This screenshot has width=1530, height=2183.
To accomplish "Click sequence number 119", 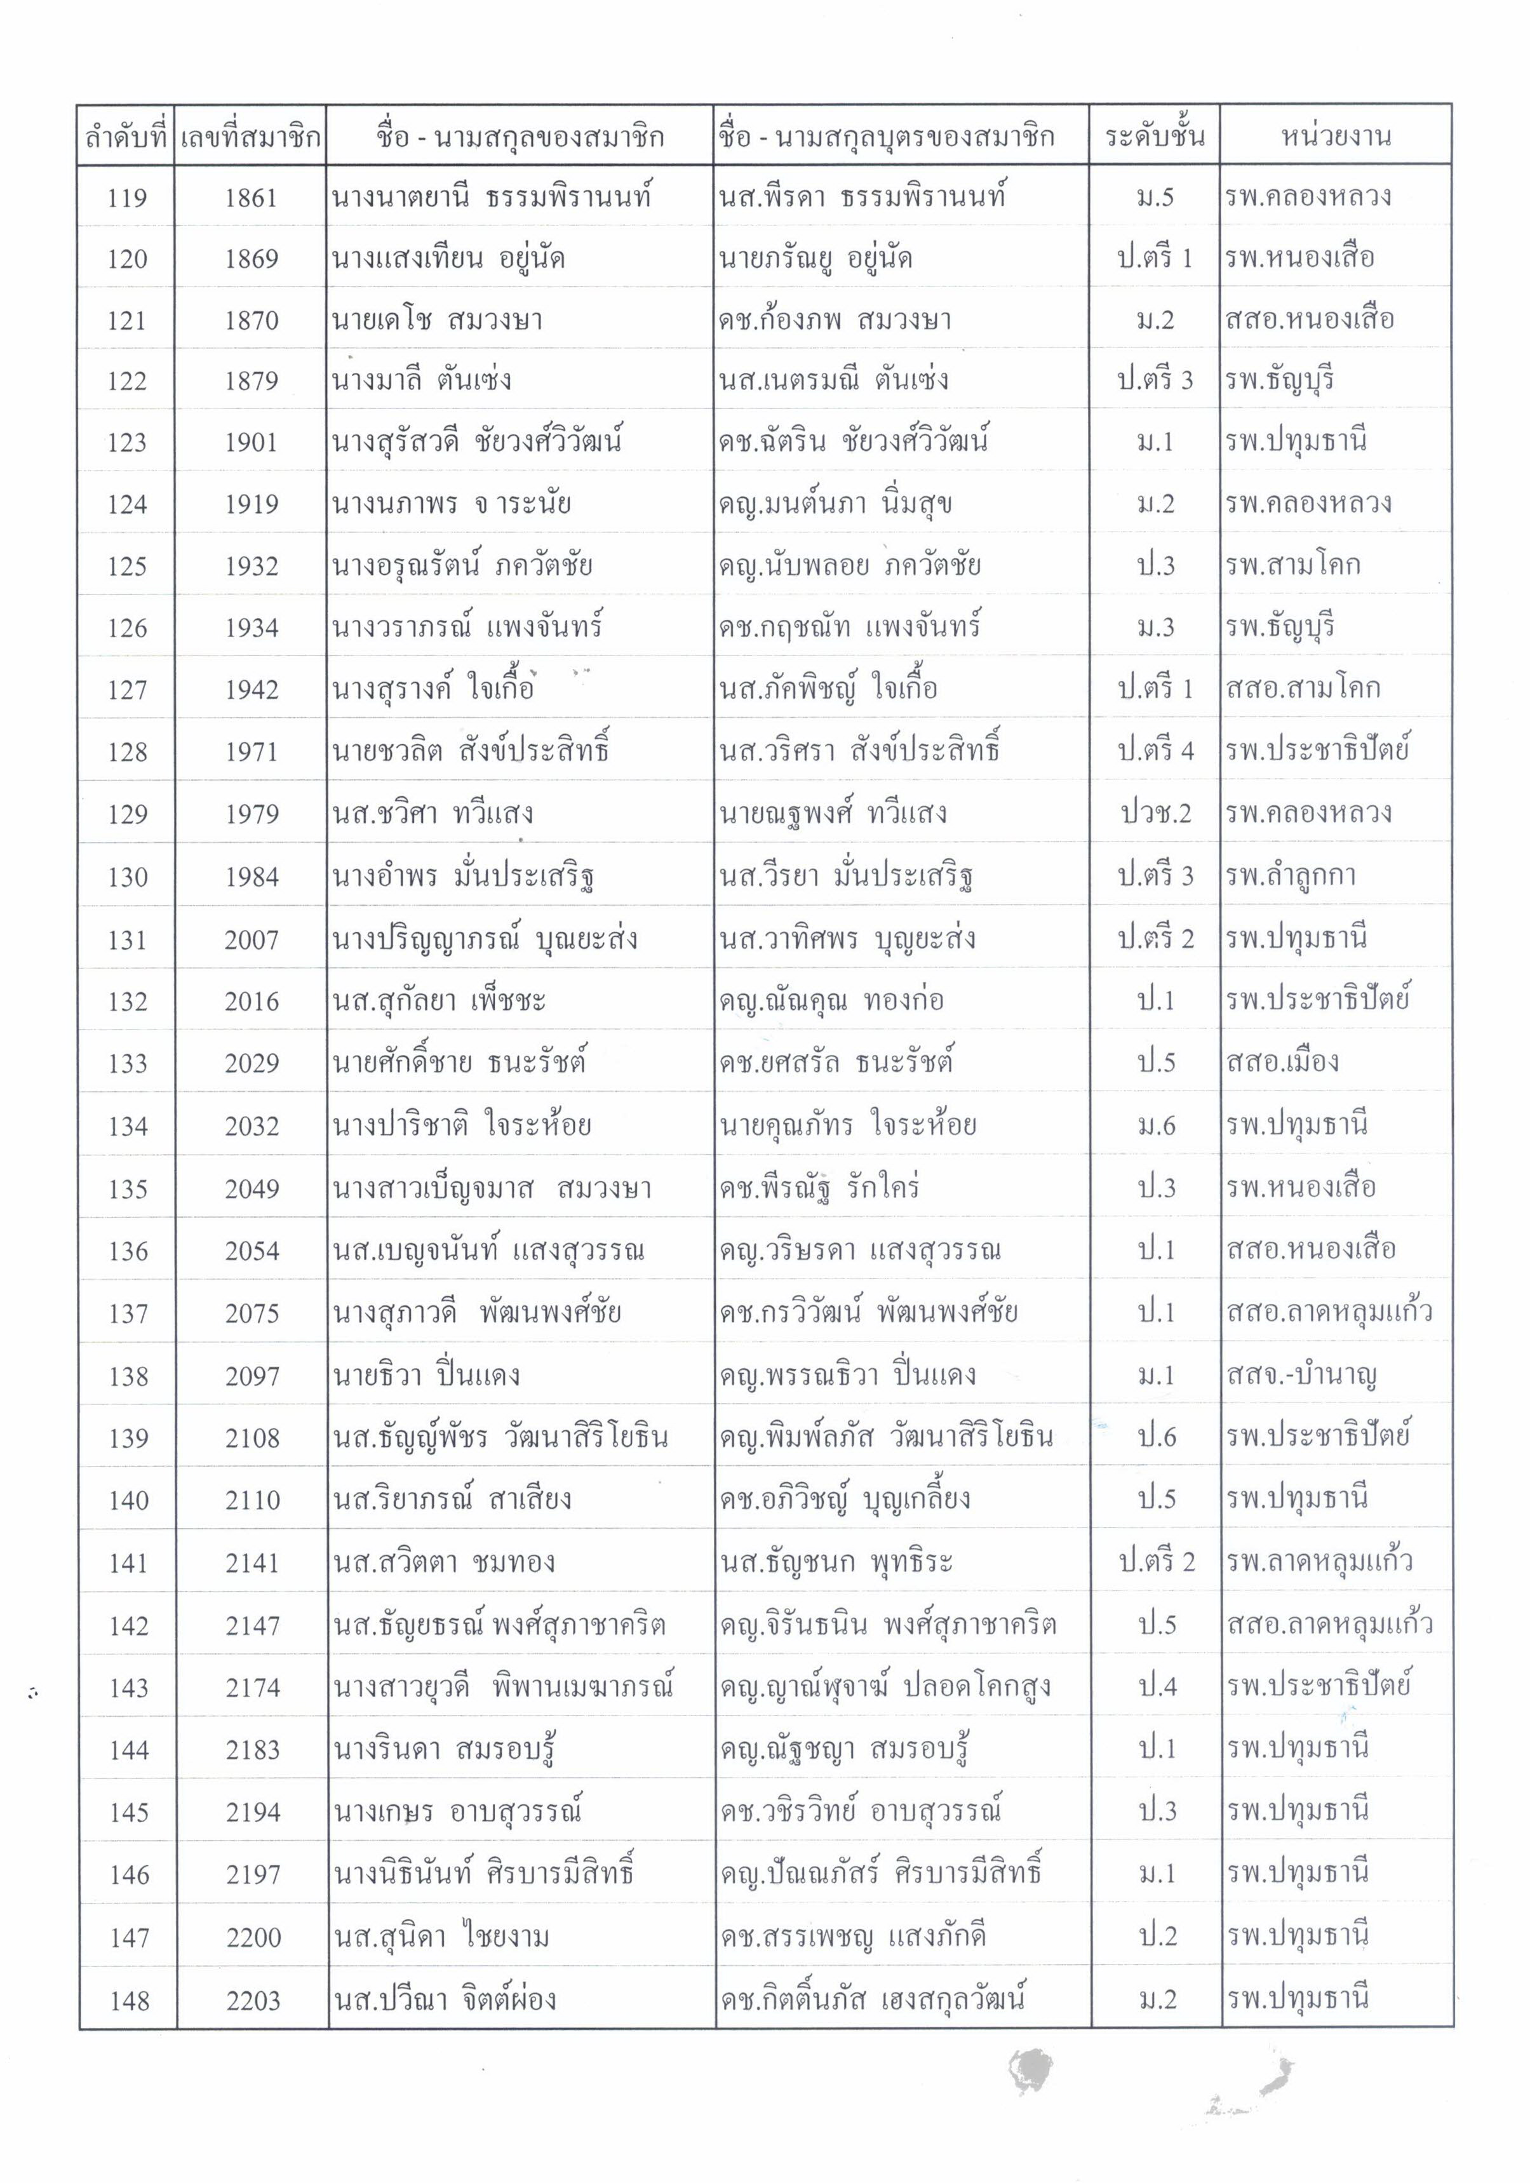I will (128, 198).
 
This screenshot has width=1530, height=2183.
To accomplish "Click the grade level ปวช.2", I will (1155, 814).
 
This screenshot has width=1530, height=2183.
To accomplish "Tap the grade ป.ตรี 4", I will (1155, 751).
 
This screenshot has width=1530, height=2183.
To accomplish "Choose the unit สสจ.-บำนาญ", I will (1301, 1375).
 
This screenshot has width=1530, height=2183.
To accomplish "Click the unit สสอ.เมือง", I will (1282, 1062).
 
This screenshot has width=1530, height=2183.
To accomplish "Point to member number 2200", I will (253, 1938).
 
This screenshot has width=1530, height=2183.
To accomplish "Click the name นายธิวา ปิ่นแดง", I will (426, 1375).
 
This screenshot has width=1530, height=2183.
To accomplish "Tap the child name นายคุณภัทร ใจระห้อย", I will (847, 1125).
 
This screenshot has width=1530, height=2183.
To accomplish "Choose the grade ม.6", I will (1155, 1125).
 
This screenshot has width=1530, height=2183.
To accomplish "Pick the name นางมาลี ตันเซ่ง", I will (421, 381).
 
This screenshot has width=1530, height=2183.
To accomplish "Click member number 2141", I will (252, 1562).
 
